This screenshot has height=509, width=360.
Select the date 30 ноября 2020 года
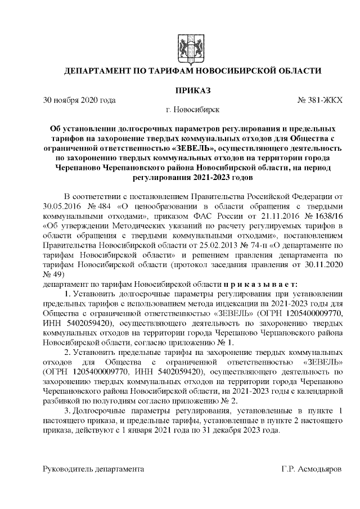[x=79, y=101]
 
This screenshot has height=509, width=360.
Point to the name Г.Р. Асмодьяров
[x=312, y=468]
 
